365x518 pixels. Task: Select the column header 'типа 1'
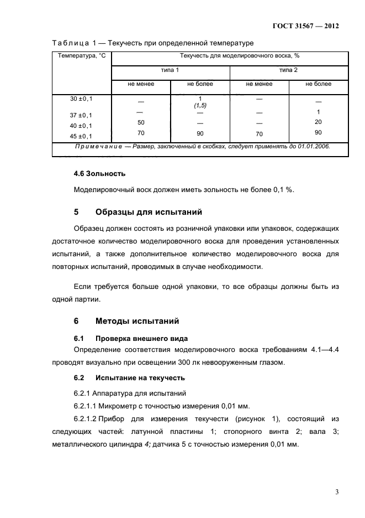170,70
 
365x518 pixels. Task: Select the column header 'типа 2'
288,70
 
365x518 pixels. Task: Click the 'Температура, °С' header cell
82,56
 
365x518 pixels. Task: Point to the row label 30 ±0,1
81,99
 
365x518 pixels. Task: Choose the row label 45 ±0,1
81,136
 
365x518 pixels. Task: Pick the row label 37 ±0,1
81,115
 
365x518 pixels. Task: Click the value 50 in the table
141,122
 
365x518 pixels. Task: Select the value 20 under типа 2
318,122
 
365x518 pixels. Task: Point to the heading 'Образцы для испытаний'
149,212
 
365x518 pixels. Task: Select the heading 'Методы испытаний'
137,321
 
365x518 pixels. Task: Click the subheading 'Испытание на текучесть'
140,377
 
